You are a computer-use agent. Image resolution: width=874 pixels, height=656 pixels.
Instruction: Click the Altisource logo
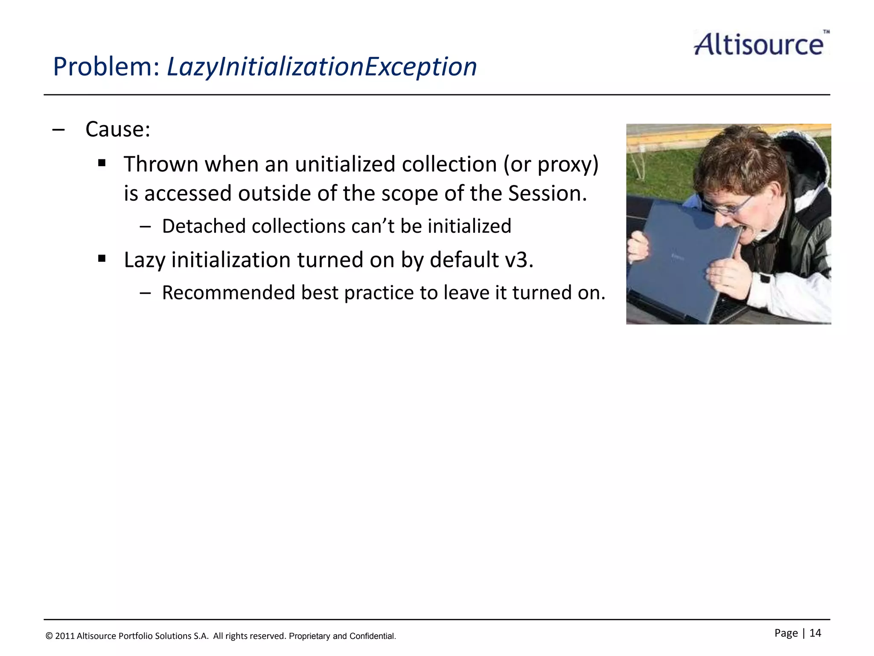[759, 44]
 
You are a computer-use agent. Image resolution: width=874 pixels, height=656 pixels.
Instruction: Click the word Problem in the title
[106, 67]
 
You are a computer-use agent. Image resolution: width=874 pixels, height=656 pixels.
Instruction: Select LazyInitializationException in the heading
[322, 67]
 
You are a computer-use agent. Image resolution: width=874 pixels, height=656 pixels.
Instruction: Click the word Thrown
[161, 164]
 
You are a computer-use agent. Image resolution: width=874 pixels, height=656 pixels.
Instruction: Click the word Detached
[203, 226]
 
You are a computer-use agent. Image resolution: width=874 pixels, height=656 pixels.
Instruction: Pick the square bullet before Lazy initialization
[102, 258]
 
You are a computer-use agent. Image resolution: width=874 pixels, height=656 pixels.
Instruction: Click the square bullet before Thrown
[102, 163]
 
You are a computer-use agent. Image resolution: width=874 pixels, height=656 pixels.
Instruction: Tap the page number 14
[815, 633]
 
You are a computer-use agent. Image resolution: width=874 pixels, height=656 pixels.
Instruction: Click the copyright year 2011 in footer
[65, 636]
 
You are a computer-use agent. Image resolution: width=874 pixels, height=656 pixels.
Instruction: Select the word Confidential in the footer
[372, 636]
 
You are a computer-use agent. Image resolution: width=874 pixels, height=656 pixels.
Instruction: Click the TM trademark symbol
[826, 32]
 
